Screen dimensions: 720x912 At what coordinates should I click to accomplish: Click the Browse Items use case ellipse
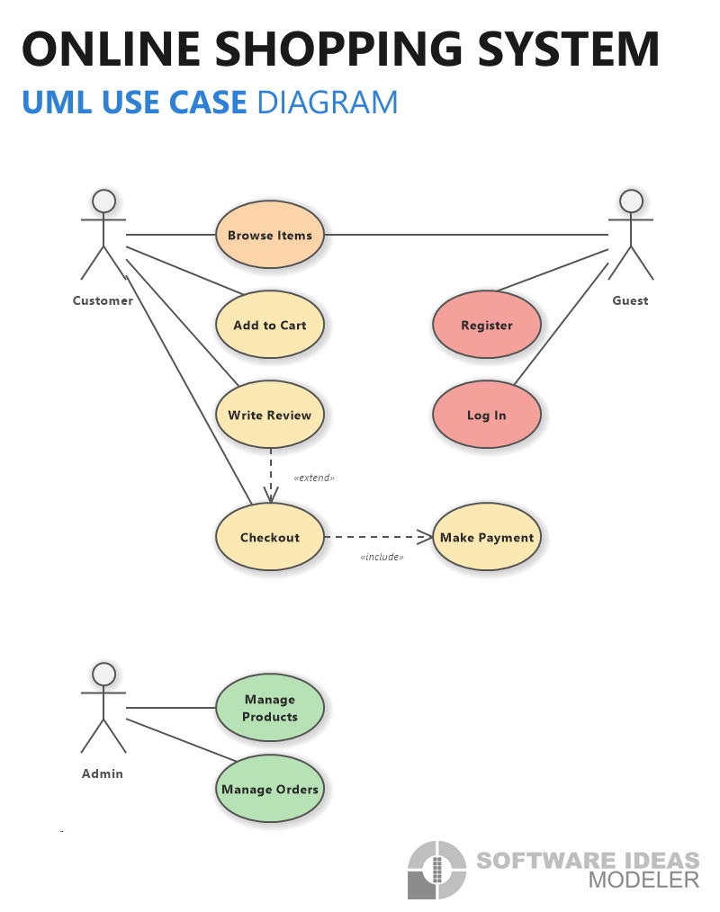(269, 235)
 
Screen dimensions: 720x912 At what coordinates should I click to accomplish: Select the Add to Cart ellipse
(269, 325)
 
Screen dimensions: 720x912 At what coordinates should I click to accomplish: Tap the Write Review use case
(269, 415)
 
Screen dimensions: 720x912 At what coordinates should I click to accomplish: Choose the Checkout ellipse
(269, 537)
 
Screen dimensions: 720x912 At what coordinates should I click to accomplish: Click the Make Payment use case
(487, 537)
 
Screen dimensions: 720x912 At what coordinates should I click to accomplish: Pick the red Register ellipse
(487, 325)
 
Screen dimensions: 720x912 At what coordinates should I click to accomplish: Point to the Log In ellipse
(487, 415)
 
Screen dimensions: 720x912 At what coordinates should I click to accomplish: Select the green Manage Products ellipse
(269, 707)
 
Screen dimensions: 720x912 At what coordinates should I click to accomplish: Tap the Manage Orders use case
(269, 789)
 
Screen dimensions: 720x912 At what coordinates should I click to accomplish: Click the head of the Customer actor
(103, 201)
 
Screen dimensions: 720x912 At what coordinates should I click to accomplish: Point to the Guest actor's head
(631, 201)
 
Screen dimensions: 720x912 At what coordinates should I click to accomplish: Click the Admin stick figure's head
(103, 675)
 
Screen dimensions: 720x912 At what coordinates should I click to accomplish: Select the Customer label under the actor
(103, 300)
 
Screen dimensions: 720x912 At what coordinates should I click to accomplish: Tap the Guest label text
(630, 300)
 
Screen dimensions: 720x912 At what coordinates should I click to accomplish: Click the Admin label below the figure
(103, 773)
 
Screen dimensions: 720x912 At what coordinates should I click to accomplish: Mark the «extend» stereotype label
(314, 478)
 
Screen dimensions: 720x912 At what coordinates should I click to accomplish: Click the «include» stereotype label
(382, 557)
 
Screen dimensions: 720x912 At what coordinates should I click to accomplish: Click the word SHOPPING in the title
(339, 49)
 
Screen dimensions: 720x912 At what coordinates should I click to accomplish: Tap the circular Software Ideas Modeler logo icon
(436, 870)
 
